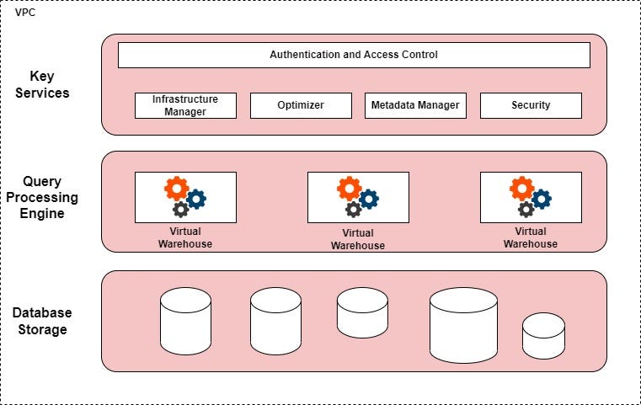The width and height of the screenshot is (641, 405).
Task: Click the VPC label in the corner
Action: point(25,13)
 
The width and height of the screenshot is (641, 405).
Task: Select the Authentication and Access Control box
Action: point(354,55)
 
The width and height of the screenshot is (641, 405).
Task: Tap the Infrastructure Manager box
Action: point(185,105)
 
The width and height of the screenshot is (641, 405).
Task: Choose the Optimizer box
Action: point(301,105)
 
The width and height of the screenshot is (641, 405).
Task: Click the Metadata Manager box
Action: point(415,105)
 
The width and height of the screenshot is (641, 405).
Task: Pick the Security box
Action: point(531,105)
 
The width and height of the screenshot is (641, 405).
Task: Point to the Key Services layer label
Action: point(42,84)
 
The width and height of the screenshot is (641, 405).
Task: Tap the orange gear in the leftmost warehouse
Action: point(176,188)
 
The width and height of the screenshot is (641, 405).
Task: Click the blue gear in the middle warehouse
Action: point(368,199)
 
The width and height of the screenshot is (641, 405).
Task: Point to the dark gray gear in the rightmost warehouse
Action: point(526,210)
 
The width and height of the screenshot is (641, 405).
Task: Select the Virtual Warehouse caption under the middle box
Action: point(358,239)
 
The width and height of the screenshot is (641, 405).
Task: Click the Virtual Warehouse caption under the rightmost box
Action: point(531,237)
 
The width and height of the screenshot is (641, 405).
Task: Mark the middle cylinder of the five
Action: point(362,312)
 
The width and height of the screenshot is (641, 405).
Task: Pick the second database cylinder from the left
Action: point(275,321)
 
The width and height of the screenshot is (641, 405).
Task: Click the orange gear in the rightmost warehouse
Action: point(521,188)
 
